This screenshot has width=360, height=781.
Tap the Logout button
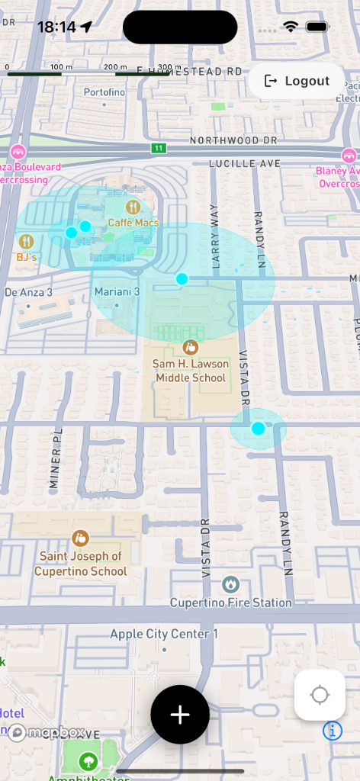[x=297, y=81]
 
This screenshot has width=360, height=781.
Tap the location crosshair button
[x=320, y=695]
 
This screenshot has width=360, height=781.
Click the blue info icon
[x=333, y=731]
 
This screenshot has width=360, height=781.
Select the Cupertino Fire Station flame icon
[x=230, y=585]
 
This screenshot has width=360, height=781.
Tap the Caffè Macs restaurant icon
[x=133, y=207]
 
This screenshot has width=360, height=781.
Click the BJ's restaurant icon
[x=27, y=242]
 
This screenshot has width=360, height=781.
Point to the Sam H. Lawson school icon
[x=190, y=348]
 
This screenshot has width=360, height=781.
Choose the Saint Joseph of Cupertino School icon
[x=80, y=538]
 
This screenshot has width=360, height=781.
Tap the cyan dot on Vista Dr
[x=258, y=429]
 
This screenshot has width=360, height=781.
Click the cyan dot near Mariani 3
[x=182, y=279]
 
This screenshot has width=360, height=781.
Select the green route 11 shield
[x=158, y=148]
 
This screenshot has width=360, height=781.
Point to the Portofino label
[x=104, y=92]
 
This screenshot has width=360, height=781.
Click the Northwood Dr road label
[x=234, y=140]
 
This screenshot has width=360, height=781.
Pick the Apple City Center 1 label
[x=164, y=634]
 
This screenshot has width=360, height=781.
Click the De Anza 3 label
[x=28, y=292]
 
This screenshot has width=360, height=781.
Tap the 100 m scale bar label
[x=61, y=67]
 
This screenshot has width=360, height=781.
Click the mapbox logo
[x=47, y=732]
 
